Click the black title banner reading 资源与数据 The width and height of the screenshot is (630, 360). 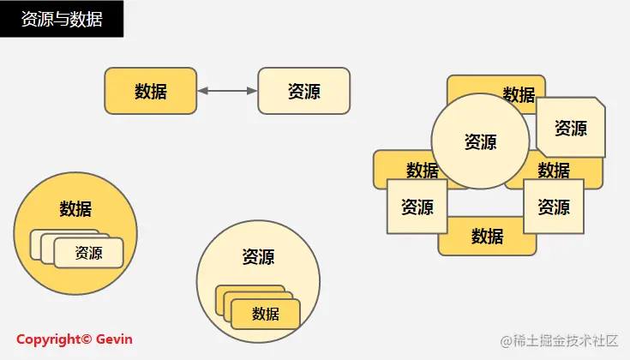pos(62,19)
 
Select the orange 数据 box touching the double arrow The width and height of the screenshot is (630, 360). pos(150,91)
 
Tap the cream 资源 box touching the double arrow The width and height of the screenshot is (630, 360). pos(304,91)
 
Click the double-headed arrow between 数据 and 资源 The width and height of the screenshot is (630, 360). pos(227,91)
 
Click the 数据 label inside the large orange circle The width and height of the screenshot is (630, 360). pos(75,208)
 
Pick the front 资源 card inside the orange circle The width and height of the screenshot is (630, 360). pos(88,253)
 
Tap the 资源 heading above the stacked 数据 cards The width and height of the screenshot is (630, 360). pos(258,256)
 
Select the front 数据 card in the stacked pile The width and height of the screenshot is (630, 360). pos(266,315)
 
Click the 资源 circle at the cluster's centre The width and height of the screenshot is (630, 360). pos(480,141)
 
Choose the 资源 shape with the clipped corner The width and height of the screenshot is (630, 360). pos(571,128)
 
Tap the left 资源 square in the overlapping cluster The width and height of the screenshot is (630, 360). pos(417,207)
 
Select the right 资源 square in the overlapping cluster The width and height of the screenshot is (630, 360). pos(554,207)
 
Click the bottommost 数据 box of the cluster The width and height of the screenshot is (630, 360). pos(487,237)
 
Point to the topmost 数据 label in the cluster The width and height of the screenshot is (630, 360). pos(519,94)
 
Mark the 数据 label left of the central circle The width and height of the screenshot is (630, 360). pos(422,170)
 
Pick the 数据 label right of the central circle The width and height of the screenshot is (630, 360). pos(554,170)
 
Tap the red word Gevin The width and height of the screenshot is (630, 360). pos(114,339)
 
